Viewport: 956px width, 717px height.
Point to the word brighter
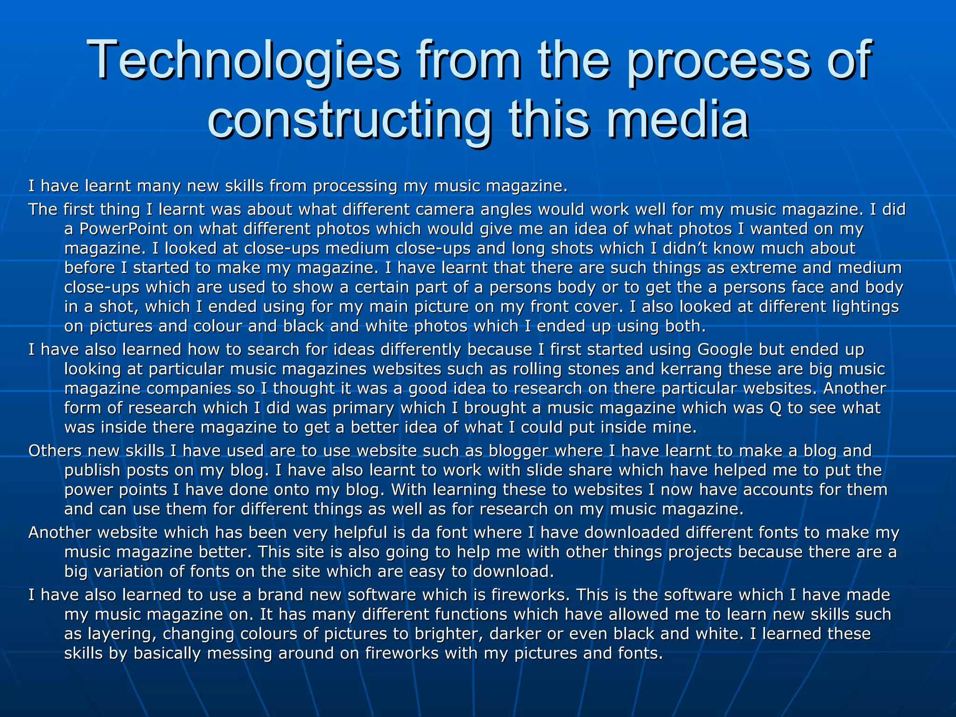point(448,634)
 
